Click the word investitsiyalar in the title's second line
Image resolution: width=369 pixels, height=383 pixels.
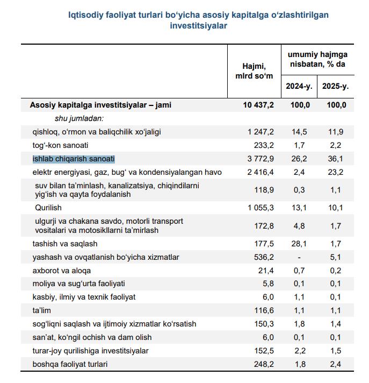[x=198, y=26]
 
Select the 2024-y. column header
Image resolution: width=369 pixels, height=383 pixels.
[x=299, y=86]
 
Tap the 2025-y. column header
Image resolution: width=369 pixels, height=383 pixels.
[x=335, y=86]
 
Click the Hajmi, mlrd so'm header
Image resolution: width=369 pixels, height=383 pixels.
[x=254, y=71]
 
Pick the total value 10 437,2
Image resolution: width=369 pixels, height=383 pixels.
[x=258, y=105]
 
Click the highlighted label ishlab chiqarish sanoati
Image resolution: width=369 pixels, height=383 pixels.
[x=74, y=159]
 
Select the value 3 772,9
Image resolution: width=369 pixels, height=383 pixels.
[x=261, y=159]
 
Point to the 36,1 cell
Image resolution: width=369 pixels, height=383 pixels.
[x=335, y=159]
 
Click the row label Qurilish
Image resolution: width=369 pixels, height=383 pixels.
[x=48, y=208]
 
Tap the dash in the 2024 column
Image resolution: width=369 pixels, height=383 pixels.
[x=299, y=258]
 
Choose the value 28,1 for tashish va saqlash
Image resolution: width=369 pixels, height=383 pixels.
[x=299, y=244]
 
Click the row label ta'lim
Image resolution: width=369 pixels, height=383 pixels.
[x=42, y=310]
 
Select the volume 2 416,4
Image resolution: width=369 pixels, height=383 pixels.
[x=261, y=172]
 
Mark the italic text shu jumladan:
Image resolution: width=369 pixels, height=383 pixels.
[x=79, y=118]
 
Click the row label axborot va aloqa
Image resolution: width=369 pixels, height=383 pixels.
[x=61, y=271]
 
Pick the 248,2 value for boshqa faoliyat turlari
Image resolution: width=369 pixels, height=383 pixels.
[x=264, y=364]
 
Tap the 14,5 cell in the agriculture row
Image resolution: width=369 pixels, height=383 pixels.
[x=299, y=132]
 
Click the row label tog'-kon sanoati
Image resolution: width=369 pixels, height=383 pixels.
[x=60, y=145]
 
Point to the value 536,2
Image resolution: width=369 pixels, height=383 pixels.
[x=264, y=257]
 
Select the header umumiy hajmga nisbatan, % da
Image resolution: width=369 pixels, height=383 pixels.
[x=317, y=59]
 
